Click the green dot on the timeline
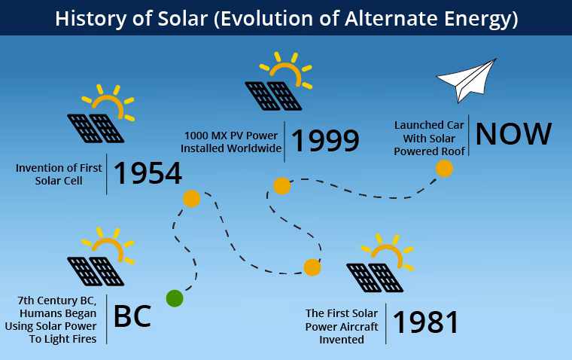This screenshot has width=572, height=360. (x=174, y=298)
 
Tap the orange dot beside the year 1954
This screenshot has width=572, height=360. (x=191, y=199)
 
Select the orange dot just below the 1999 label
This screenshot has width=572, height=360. (x=281, y=185)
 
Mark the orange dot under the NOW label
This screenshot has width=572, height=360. (x=445, y=169)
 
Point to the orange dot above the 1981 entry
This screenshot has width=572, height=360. (x=312, y=267)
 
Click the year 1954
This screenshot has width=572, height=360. (x=148, y=174)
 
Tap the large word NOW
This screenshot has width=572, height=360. (x=513, y=134)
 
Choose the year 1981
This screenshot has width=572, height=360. (x=426, y=322)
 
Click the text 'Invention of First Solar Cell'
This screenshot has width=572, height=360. (x=59, y=174)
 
